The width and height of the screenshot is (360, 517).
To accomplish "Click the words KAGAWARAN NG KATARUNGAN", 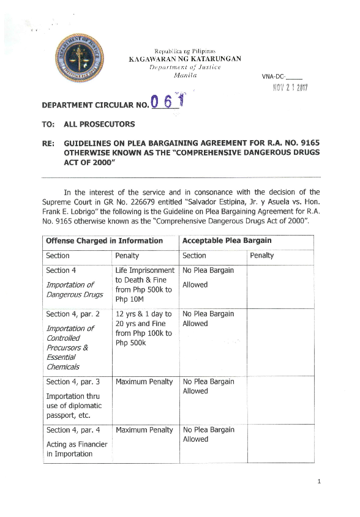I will click(x=184, y=59).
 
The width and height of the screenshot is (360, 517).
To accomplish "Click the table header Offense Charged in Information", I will click(x=104, y=240).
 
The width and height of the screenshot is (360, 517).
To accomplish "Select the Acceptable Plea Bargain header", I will click(x=227, y=240).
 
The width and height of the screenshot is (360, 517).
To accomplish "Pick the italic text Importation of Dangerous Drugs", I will click(x=70, y=289).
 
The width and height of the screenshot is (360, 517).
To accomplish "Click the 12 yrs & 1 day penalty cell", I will click(x=144, y=328).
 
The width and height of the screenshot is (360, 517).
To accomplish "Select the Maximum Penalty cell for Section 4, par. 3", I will click(x=144, y=382).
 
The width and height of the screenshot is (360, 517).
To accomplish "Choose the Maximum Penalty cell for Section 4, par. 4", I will click(x=144, y=430).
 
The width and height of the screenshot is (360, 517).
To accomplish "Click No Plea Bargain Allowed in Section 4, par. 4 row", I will click(x=208, y=434).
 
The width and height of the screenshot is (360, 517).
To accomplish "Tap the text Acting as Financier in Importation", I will click(x=72, y=449).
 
